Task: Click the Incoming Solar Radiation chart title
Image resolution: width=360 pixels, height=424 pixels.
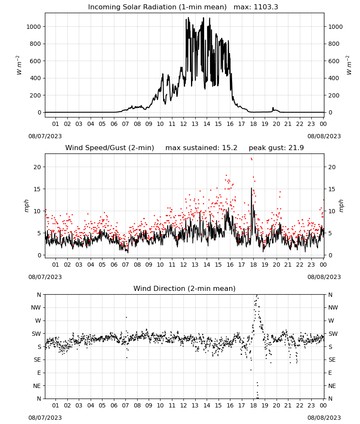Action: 157,7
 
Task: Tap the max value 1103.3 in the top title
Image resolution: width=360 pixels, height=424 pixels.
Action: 266,7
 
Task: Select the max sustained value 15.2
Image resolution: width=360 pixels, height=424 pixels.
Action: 230,148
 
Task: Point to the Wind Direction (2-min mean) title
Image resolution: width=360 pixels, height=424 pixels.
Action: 185,288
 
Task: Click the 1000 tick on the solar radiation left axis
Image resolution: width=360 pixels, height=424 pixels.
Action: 33,27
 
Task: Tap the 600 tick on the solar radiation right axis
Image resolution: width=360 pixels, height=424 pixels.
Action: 334,61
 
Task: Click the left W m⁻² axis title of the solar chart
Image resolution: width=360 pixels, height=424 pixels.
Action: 19,65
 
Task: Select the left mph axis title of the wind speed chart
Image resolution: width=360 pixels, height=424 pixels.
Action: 26,206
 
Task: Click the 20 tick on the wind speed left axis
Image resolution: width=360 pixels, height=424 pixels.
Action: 37,167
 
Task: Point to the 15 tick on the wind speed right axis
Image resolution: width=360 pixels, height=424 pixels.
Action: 332,189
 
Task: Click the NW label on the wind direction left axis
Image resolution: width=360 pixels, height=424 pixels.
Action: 36,308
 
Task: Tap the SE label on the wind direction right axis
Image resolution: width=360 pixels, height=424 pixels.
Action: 332,360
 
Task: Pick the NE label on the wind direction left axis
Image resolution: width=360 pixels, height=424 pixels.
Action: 37,386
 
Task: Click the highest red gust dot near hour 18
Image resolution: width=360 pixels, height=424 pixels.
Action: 251,159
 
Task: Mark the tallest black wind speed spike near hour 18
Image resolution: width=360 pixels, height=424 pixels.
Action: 252,188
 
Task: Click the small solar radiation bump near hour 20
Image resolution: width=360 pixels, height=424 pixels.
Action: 273,108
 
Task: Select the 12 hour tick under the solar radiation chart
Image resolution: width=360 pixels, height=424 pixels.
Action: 183,124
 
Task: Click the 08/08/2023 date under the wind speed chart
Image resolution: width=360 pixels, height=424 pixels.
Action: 324,277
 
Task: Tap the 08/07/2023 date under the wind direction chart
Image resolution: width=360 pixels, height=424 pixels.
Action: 45,418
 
